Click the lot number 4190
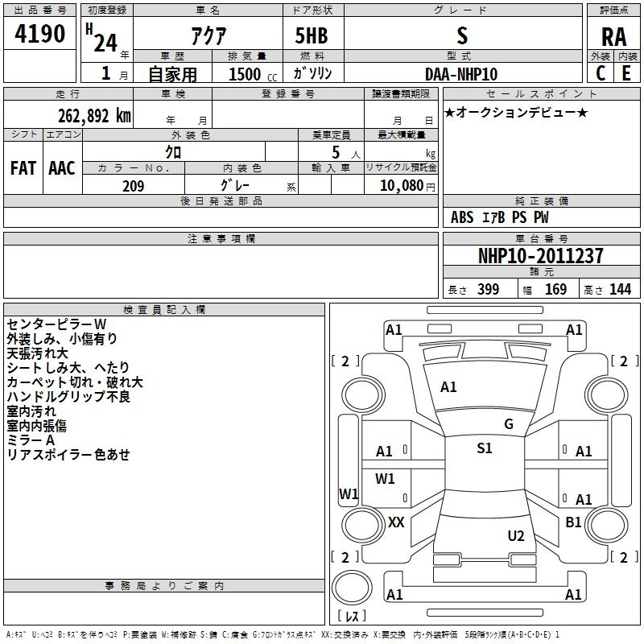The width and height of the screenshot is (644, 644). tap(39, 33)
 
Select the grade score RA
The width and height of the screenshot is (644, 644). tap(613, 37)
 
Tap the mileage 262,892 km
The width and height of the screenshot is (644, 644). tap(94, 116)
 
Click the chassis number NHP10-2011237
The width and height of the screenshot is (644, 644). tap(541, 256)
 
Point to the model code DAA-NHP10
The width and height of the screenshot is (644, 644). tap(461, 74)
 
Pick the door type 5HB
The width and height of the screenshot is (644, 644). tap(312, 35)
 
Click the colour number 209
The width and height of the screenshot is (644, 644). tap(133, 186)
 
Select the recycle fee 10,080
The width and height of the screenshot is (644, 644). tap(402, 185)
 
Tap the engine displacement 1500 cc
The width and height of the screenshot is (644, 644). tap(253, 74)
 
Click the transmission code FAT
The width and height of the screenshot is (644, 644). tap(23, 168)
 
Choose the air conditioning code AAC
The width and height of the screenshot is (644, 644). tap(62, 168)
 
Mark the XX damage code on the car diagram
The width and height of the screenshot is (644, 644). tap(396, 522)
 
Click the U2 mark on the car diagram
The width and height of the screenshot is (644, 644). tap(516, 536)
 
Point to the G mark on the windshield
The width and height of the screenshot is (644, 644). tap(509, 424)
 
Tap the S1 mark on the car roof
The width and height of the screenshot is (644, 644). tap(485, 448)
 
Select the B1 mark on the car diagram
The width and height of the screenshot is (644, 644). tap(573, 522)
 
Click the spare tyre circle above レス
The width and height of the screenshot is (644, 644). tap(352, 588)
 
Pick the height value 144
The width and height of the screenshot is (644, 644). tap(620, 289)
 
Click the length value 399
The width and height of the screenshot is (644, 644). tap(489, 289)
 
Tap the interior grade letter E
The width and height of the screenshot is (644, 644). tap(626, 73)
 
